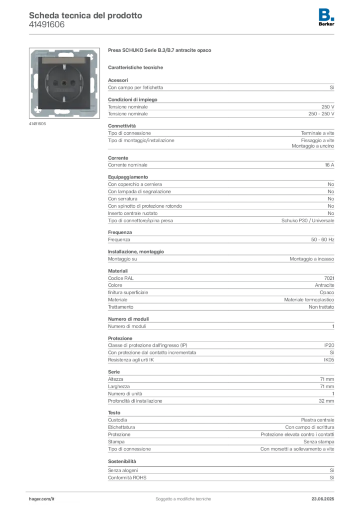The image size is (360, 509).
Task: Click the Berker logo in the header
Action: (326, 17)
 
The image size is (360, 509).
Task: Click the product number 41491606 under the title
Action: (47, 25)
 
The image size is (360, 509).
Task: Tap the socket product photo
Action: (64, 83)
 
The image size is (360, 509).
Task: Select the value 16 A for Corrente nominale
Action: (330, 165)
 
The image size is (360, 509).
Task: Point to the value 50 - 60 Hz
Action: (322, 240)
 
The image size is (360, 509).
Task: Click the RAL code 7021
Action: (329, 278)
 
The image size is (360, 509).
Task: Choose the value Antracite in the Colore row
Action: (324, 285)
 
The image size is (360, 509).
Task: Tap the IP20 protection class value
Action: (329, 345)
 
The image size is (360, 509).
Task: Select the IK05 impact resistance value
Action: (329, 360)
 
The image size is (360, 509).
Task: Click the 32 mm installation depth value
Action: (326, 401)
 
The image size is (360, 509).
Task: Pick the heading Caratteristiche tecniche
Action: (135, 68)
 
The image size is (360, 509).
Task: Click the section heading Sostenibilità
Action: (122, 461)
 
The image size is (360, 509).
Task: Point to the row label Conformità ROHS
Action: (127, 478)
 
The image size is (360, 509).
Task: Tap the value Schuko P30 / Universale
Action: (308, 220)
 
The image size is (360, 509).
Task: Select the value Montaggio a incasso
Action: (312, 259)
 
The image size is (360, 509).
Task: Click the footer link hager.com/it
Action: (42, 499)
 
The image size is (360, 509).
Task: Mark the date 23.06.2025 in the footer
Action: (323, 499)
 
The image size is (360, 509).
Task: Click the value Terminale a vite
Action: (317, 133)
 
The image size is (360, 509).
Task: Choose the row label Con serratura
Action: (123, 199)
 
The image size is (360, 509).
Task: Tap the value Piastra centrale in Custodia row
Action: (317, 420)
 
